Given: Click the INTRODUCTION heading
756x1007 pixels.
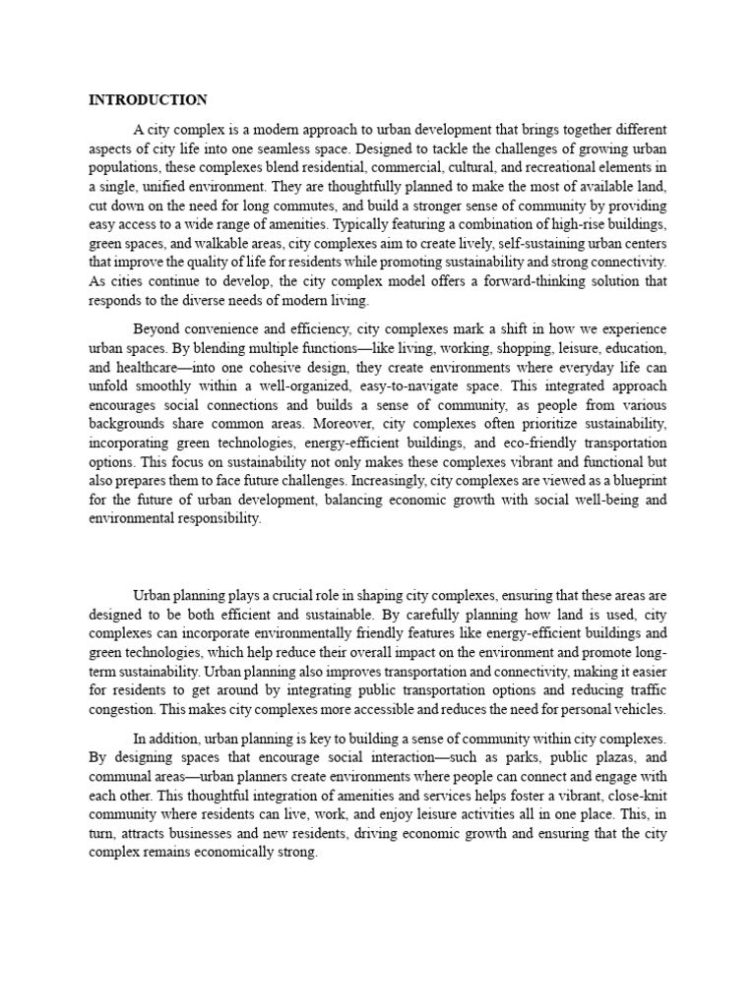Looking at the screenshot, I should pyautogui.click(x=148, y=99).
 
